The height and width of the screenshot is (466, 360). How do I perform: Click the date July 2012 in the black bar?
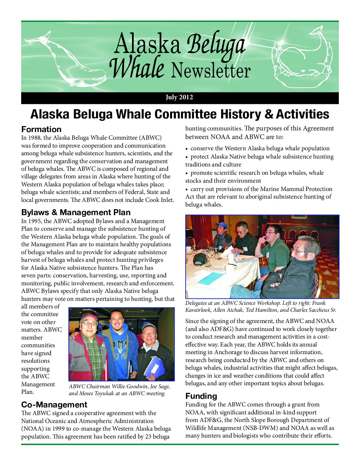[179, 97]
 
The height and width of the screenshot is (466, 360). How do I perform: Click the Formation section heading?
[41, 129]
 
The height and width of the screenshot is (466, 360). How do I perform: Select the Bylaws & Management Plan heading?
[76, 212]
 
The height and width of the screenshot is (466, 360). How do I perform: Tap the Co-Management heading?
[54, 405]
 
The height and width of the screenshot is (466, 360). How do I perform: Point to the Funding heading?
[201, 396]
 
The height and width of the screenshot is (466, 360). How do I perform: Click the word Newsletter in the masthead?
[211, 70]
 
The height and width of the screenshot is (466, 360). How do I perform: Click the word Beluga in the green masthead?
[216, 46]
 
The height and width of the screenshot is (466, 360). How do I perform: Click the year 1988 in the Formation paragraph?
[37, 138]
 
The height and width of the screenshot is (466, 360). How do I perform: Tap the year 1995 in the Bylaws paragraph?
[37, 221]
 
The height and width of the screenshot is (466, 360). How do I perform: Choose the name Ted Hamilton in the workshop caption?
[261, 310]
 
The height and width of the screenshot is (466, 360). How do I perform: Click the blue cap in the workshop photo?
[221, 226]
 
